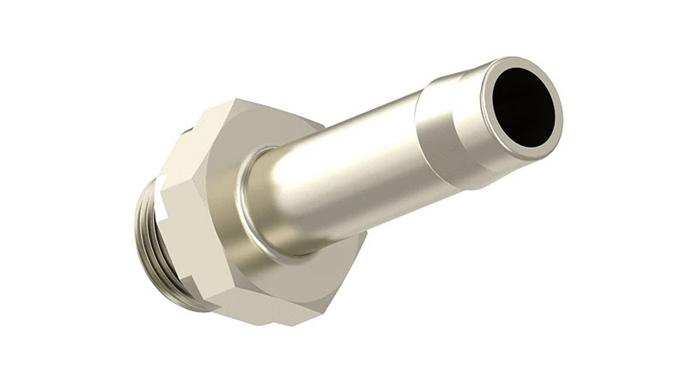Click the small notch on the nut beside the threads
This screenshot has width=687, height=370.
tap(185, 133)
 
